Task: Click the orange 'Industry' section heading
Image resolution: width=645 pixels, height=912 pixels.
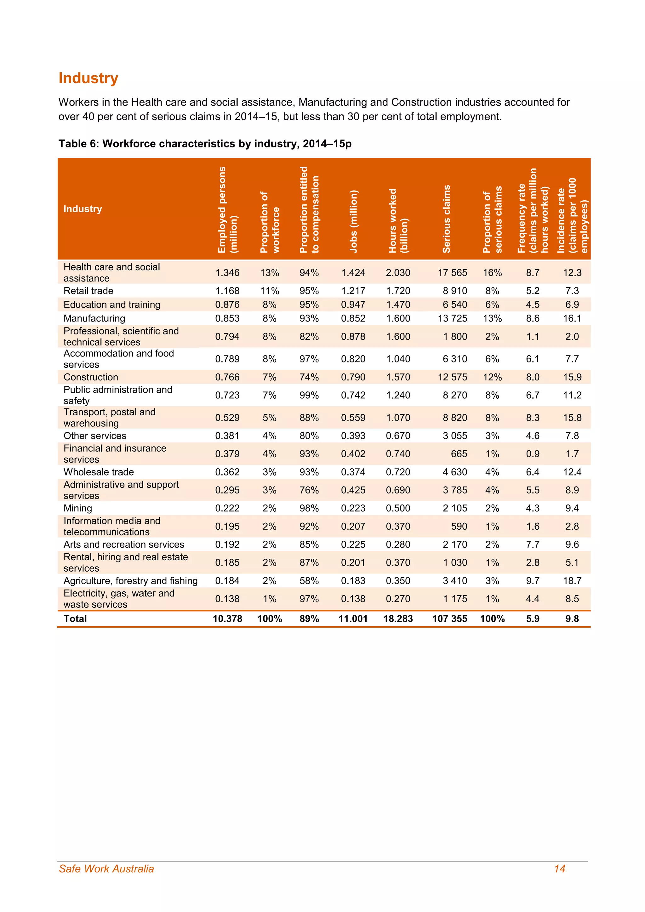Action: (88, 78)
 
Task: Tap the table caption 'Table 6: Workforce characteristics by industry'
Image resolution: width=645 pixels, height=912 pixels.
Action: (205, 144)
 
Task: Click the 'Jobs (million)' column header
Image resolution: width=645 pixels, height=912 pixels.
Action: (353, 221)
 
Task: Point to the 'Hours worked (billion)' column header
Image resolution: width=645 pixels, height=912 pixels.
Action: (398, 221)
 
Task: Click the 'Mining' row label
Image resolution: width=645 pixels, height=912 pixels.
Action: (78, 508)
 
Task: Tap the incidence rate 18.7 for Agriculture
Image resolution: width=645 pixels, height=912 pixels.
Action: (572, 581)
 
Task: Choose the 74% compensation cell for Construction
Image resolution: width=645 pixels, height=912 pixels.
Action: (309, 377)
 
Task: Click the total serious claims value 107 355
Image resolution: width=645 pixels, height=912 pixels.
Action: (450, 619)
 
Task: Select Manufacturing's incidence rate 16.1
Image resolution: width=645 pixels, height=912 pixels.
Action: (572, 319)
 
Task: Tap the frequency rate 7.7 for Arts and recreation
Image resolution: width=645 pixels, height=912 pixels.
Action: (533, 544)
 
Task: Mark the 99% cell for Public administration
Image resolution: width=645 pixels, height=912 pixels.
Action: (309, 395)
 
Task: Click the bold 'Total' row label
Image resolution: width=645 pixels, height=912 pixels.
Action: (75, 619)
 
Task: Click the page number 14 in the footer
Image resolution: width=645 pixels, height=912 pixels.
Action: (560, 869)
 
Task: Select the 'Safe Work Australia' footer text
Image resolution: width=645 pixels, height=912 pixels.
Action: (106, 869)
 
